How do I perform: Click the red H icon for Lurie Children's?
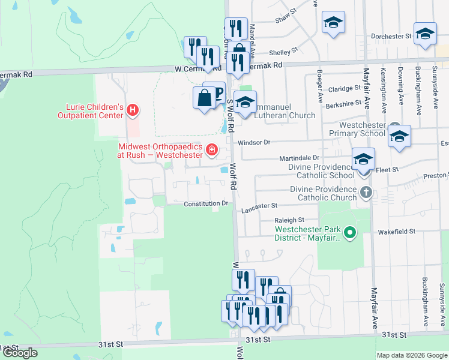(133, 110)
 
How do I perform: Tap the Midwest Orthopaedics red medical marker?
(211, 149)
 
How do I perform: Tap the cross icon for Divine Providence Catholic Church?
(366, 193)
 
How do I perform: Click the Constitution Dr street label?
(206, 203)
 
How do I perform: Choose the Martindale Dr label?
(298, 158)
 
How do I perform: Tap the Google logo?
(19, 353)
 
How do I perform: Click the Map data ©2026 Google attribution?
(412, 355)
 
